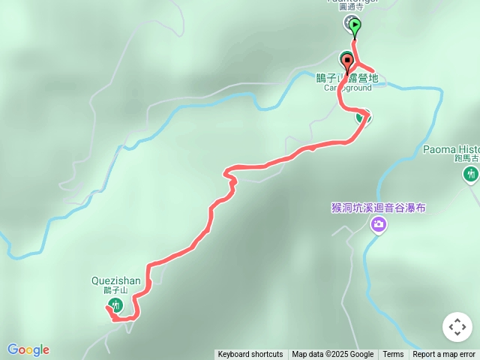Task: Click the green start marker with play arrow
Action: pos(354,26)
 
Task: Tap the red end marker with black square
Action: pos(347,60)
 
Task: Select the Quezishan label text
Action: pos(115,280)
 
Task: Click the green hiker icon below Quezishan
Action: pos(115,304)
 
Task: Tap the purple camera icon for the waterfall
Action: pos(379,223)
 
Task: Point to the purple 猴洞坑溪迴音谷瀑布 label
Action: pos(378,207)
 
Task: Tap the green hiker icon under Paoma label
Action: pos(470,175)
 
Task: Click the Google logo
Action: pos(28,349)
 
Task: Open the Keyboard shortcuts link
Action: pos(250,355)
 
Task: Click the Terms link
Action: pos(393,355)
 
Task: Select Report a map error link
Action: pos(444,355)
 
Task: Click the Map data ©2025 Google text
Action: pos(332,355)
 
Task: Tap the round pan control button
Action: pos(457,327)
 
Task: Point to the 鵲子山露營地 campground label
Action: pos(346,77)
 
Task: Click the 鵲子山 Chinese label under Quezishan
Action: pos(116,290)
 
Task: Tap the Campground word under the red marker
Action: pos(347,88)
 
